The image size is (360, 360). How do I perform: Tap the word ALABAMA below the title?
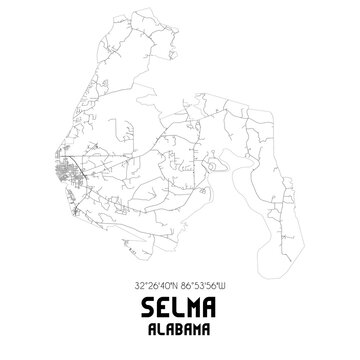[179, 325]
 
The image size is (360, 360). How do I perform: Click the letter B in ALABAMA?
[179, 325]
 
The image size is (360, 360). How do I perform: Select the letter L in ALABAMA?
[158, 325]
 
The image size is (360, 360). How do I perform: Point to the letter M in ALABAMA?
[200, 325]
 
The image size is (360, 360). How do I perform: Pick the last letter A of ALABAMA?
[211, 325]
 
